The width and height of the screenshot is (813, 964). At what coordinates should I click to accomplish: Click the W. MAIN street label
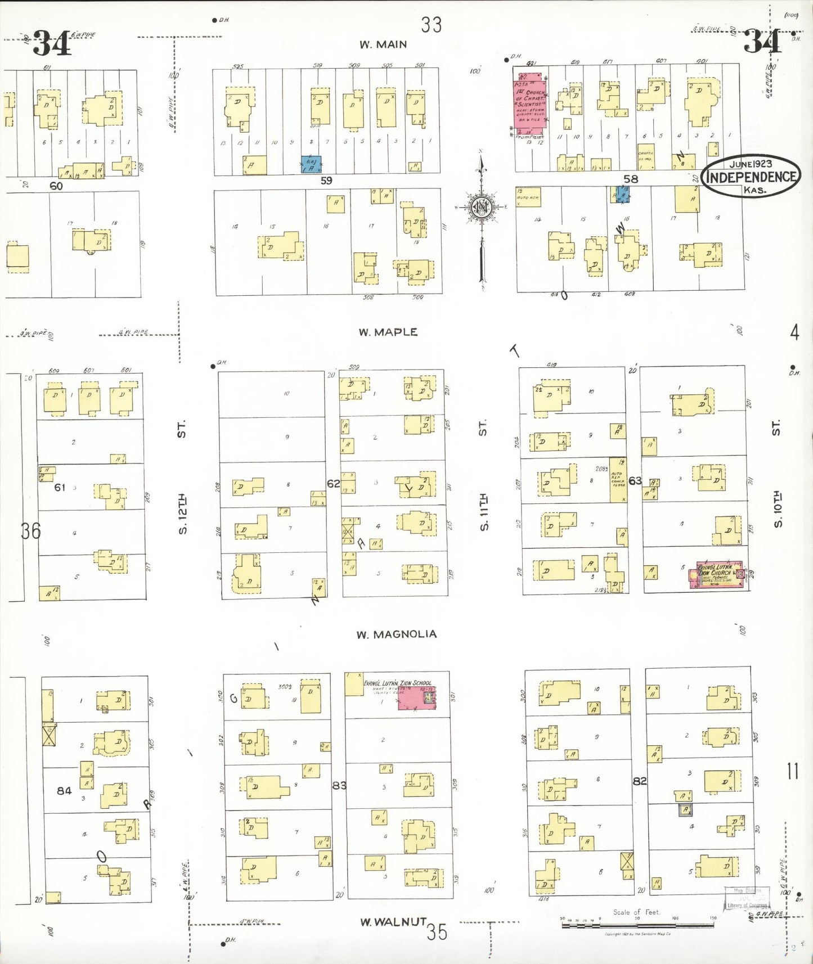click(x=383, y=44)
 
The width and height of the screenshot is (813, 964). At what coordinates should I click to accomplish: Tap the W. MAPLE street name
click(x=388, y=332)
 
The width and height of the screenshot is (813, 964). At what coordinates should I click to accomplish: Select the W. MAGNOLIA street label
click(x=396, y=634)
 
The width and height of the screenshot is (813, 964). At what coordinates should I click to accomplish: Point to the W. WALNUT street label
click(x=393, y=922)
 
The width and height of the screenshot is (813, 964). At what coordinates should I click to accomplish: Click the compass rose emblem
click(x=482, y=208)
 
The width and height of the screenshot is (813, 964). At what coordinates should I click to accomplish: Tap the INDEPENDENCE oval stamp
click(x=751, y=177)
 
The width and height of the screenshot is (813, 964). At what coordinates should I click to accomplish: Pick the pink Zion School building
click(x=416, y=697)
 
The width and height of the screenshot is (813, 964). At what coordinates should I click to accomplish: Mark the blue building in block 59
click(x=311, y=164)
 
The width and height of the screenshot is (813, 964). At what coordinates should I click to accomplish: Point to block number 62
click(x=334, y=484)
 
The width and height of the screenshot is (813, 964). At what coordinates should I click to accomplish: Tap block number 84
click(x=64, y=790)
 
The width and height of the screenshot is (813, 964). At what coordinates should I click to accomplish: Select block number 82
click(x=640, y=781)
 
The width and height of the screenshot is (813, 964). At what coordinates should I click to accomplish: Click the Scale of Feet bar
click(x=638, y=924)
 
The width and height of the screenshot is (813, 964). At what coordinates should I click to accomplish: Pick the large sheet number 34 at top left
click(x=52, y=43)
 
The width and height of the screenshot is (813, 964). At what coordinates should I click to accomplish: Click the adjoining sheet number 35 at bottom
click(x=437, y=932)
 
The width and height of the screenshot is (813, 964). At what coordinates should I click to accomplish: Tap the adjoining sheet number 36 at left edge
click(x=31, y=530)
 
